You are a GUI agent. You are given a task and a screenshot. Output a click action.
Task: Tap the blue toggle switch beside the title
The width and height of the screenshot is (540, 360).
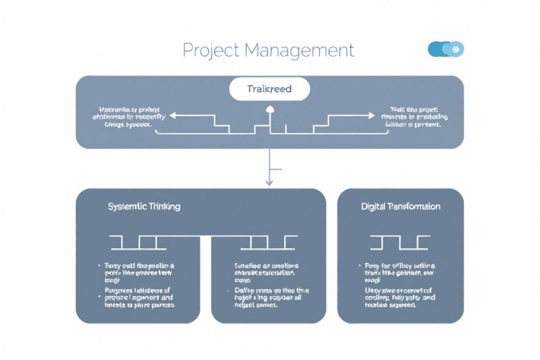click(446, 49)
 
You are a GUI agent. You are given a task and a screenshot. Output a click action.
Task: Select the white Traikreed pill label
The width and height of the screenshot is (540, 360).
click(269, 89)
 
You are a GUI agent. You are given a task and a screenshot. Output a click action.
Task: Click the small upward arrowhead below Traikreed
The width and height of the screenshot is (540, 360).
click(269, 109)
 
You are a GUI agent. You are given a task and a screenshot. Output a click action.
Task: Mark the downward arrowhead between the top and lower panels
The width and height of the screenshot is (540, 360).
click(269, 182)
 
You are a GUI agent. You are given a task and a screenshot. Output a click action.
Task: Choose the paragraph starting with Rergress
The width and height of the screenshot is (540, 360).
click(138, 297)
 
